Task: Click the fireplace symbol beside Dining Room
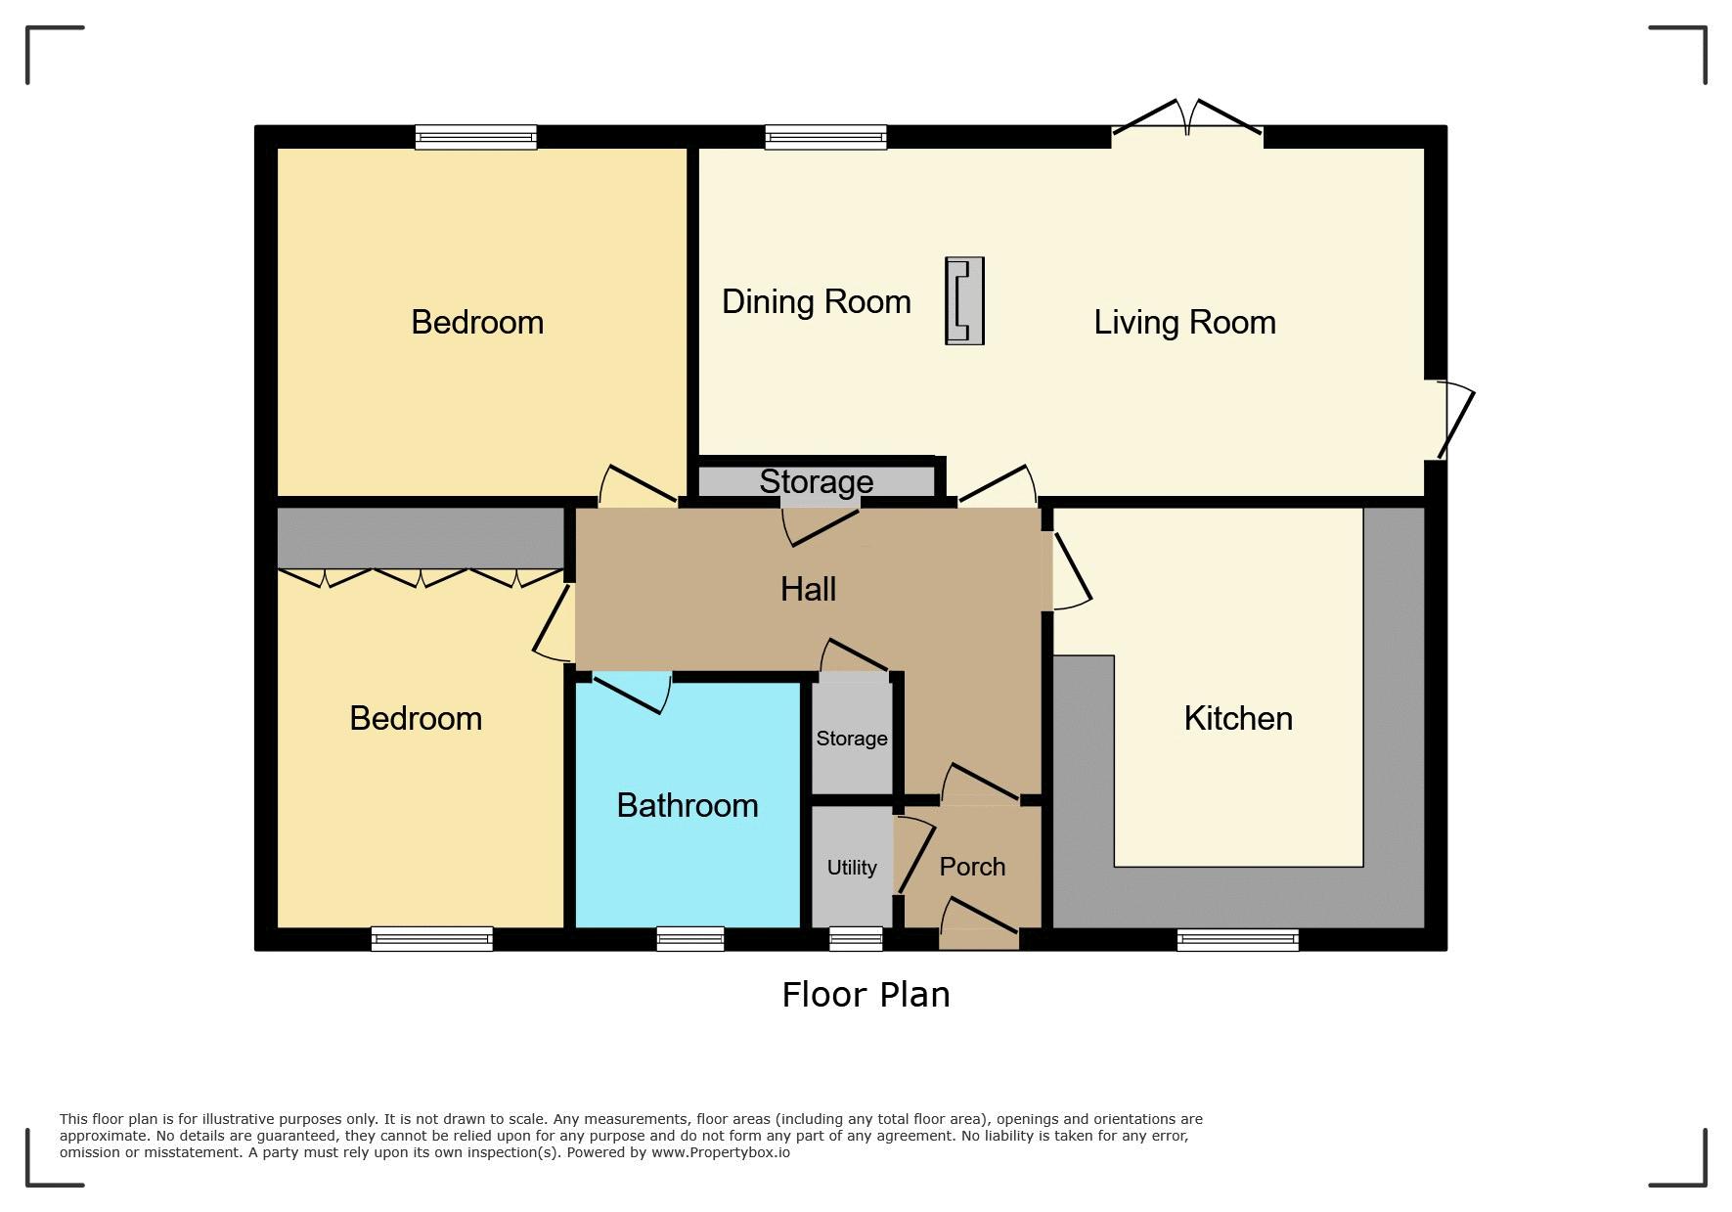[x=964, y=301]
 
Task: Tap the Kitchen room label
[x=1238, y=718]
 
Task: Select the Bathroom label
[x=688, y=805]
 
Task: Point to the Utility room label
[x=852, y=868]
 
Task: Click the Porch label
[x=972, y=867]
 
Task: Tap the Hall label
[x=808, y=588]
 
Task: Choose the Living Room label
[x=1184, y=322]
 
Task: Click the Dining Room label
[x=817, y=301]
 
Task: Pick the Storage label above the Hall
[x=817, y=481]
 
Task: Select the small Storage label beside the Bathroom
[x=852, y=739]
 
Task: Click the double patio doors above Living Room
[x=1187, y=117]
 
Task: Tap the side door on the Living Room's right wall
[x=1454, y=420]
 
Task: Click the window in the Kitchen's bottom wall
[x=1238, y=940]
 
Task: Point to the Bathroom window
[x=690, y=939]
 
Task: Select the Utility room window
[x=856, y=939]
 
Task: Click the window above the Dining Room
[x=826, y=137]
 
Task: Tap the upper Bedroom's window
[x=476, y=137]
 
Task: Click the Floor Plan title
[x=866, y=995]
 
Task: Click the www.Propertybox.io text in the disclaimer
[x=721, y=1152]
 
